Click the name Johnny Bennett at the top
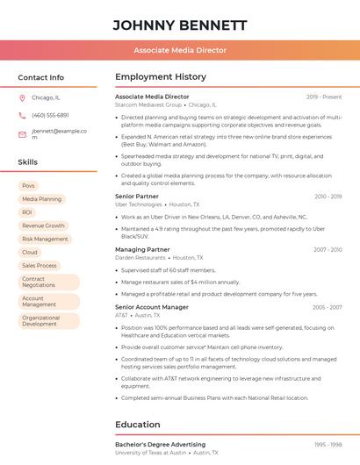point(180,25)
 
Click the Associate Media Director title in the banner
point(180,51)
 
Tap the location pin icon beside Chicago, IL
point(22,98)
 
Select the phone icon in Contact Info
point(22,115)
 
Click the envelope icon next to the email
point(22,134)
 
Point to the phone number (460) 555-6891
point(50,115)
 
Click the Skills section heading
point(28,162)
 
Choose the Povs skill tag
point(29,186)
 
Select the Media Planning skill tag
point(41,199)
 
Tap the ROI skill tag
point(27,212)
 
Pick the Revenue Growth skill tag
point(43,225)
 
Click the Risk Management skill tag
point(45,239)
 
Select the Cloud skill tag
point(30,252)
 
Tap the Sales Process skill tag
point(40,265)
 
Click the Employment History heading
point(161,77)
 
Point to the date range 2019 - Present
point(324,97)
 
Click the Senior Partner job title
point(137,197)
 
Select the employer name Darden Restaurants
point(140,258)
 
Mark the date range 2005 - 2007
point(327,307)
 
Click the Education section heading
point(138,425)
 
